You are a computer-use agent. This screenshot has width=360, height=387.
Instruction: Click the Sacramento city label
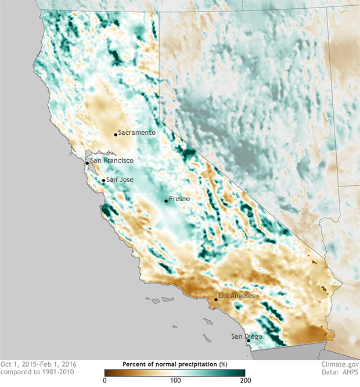click(137, 132)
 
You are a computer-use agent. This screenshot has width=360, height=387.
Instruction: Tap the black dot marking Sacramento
click(116, 135)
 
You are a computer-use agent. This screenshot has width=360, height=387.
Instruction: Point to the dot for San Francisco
click(87, 163)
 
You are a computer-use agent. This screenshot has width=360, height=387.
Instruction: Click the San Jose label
click(120, 180)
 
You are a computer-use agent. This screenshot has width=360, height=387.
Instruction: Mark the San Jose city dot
click(104, 181)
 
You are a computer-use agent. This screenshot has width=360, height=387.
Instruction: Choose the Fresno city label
click(179, 198)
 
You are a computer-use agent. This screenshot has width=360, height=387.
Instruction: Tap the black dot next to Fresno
click(166, 201)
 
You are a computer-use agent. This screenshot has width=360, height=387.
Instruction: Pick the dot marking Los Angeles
click(216, 299)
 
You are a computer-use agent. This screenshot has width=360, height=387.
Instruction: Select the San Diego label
click(247, 336)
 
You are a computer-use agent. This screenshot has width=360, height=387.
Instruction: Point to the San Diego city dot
click(249, 341)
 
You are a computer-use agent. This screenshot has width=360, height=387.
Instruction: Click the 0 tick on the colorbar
click(105, 381)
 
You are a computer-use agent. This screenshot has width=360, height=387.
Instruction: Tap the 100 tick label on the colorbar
click(174, 381)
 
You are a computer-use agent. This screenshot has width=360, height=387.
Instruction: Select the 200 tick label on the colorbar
click(244, 381)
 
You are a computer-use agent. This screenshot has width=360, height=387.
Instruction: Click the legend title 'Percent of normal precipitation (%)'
click(174, 364)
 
